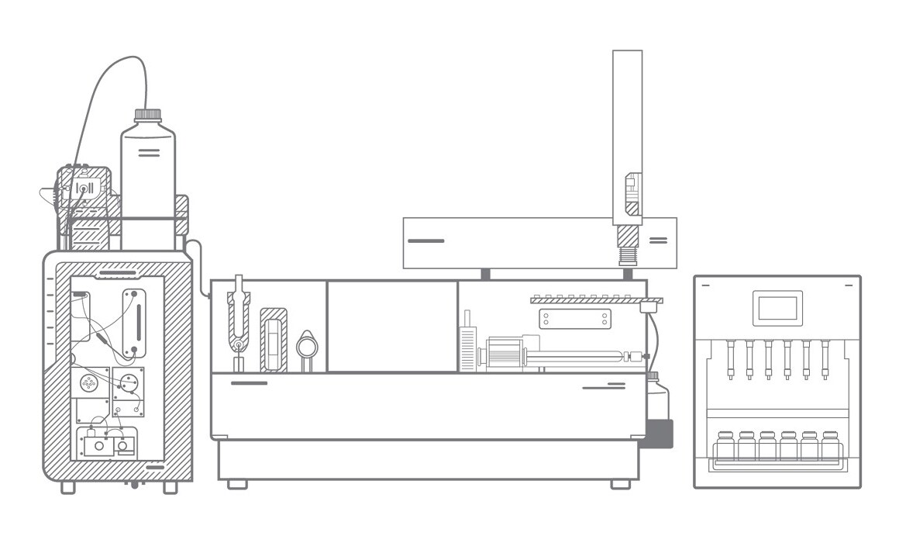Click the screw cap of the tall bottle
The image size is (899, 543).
coord(148,114)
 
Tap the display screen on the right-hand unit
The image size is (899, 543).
coord(777,309)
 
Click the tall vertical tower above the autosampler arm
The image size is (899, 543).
coord(627,132)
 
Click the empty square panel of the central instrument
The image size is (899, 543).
coord(392,326)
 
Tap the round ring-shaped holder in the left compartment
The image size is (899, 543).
coord(307,343)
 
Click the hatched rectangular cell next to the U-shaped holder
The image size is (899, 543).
coord(274,339)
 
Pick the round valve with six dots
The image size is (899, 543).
coord(88,382)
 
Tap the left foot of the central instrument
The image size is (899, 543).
coord(238,483)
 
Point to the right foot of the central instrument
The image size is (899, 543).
coord(620,483)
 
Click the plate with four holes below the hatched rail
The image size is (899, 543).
coord(574,318)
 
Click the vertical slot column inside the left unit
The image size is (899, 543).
coord(135,321)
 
